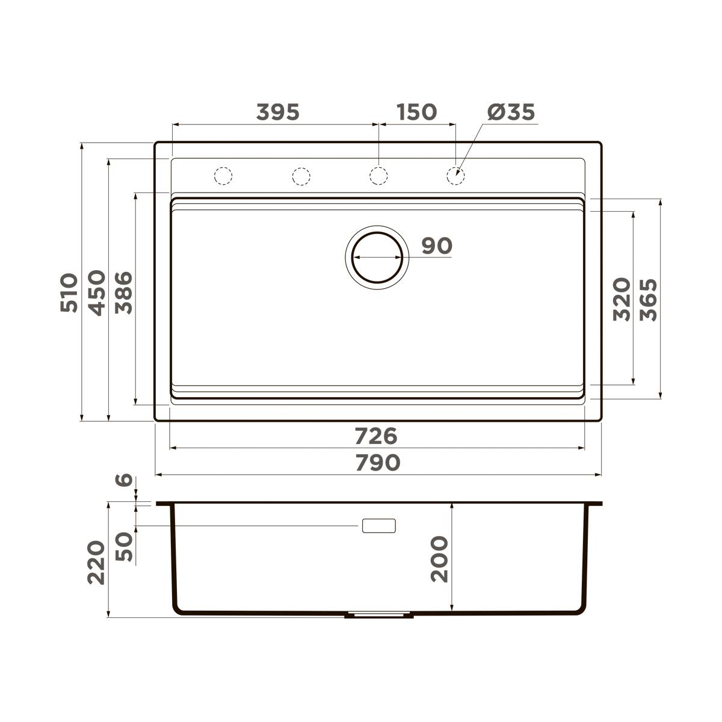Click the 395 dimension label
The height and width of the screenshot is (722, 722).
coord(277,112)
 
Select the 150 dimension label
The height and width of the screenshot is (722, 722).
coord(416,112)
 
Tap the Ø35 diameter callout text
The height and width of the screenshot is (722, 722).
coord(511,112)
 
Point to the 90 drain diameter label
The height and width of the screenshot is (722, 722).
coord(436,245)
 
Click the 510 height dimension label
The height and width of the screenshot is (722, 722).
coord(69,292)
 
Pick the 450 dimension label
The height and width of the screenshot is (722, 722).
coord(97,292)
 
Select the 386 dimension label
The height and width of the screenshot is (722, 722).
coord(124,292)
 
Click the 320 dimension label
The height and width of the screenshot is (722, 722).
coord(622,299)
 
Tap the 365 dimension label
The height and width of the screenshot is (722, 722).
coord(649,299)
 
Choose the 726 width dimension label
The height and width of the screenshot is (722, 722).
coord(376,434)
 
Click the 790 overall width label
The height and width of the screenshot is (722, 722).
coord(377,462)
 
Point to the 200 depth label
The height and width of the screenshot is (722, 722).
coord(440,559)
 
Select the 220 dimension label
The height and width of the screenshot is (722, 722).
coord(96,563)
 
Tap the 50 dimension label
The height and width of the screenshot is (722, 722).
coord(124,546)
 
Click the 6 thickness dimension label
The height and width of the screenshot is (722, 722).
coord(124,480)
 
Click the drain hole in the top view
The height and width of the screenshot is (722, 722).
coord(377,256)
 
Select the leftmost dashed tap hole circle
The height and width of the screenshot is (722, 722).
coord(223,175)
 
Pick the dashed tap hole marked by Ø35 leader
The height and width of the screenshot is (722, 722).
coord(455,175)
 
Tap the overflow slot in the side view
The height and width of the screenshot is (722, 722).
coord(378,525)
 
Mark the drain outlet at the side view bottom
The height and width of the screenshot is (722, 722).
coord(378,616)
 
